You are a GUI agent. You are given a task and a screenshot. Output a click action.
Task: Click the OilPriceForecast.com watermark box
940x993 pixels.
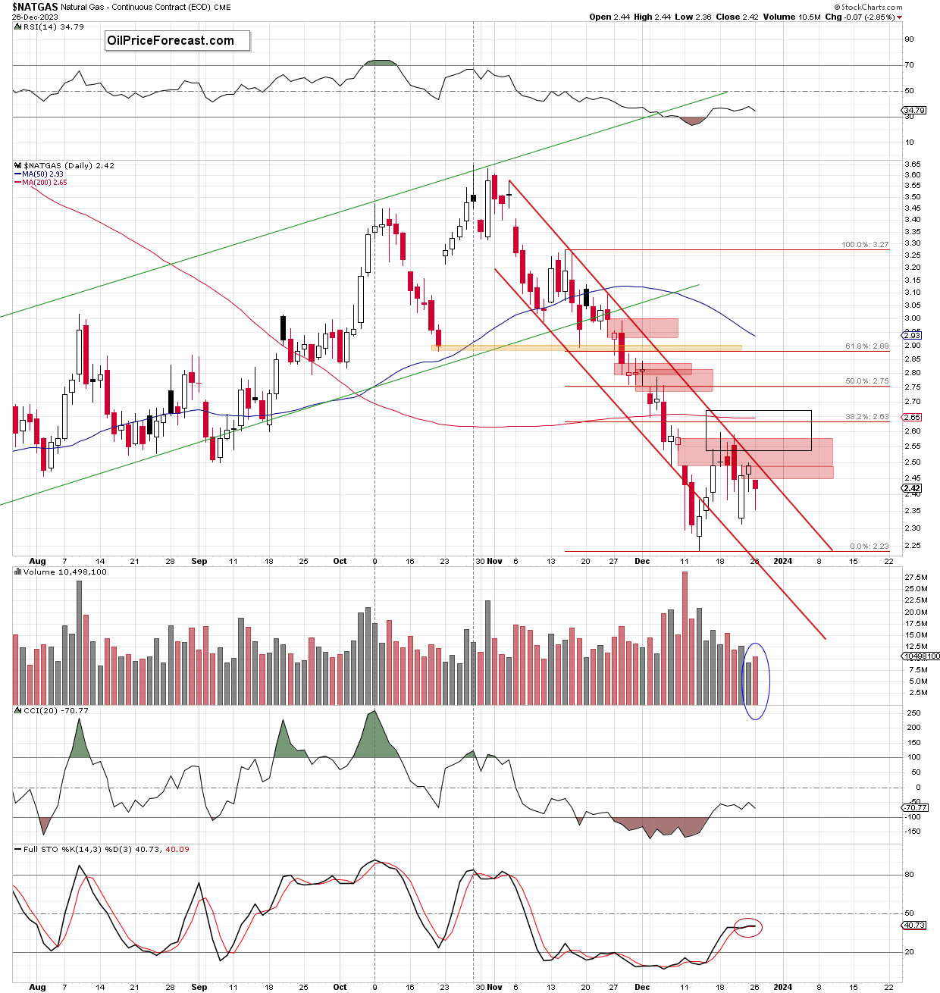click(177, 41)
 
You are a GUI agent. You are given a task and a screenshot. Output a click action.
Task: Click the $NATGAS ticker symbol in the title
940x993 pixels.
click(35, 7)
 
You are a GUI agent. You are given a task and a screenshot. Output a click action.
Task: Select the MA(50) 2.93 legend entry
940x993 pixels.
click(42, 174)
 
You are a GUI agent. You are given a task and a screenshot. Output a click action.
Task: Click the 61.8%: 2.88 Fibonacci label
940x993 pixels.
click(867, 346)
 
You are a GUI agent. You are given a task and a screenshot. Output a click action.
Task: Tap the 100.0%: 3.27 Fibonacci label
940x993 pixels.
click(865, 245)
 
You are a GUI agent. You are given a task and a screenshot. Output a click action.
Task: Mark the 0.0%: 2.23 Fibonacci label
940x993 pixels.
click(869, 547)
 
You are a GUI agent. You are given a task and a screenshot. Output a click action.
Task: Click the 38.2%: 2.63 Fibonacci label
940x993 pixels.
click(867, 417)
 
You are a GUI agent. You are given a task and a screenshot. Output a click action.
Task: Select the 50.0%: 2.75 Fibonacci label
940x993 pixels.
click(867, 381)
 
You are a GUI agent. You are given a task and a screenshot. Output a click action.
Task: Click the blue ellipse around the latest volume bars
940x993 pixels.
click(756, 681)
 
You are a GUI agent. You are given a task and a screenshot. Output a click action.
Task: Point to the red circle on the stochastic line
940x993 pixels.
click(747, 927)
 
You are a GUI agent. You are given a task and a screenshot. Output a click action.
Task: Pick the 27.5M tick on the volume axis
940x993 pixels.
click(916, 578)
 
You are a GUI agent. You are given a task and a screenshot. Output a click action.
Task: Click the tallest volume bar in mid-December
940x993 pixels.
click(685, 638)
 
